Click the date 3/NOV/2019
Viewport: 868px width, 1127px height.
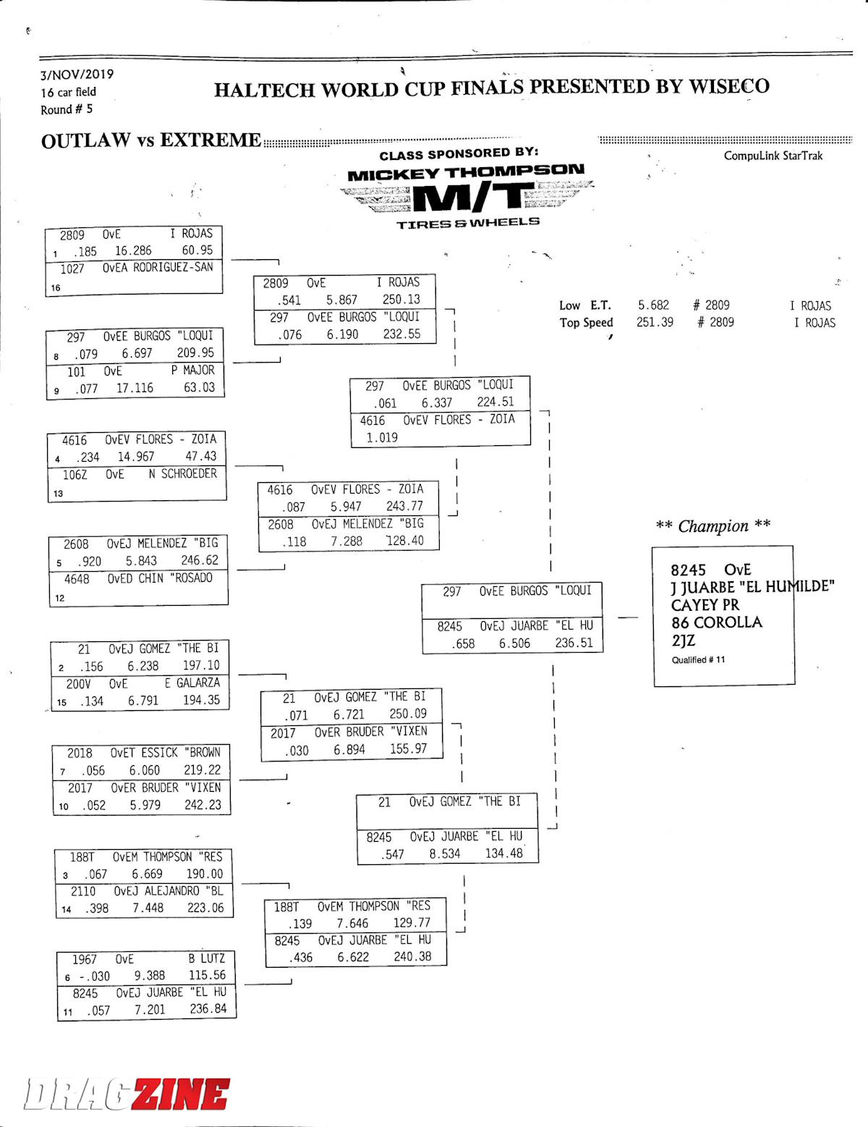pos(77,74)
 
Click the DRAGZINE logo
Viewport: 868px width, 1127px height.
pos(127,1093)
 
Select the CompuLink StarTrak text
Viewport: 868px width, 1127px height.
pos(773,156)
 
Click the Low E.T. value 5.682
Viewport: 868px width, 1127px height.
pos(653,305)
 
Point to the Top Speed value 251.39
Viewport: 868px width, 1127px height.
pos(655,322)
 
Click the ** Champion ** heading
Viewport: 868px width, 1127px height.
pos(712,526)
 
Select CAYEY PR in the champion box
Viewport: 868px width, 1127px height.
pos(705,605)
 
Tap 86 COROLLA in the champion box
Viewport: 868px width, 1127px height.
pos(716,622)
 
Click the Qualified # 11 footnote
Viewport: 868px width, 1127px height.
pos(698,659)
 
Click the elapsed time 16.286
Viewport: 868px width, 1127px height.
pos(133,250)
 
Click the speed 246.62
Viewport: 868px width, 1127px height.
pos(199,560)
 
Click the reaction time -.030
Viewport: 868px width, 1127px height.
pos(93,976)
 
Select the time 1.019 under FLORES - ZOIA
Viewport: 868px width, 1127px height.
pos(381,437)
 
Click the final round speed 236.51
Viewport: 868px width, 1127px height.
pos(574,643)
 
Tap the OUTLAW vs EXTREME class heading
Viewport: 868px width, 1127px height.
pos(150,140)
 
